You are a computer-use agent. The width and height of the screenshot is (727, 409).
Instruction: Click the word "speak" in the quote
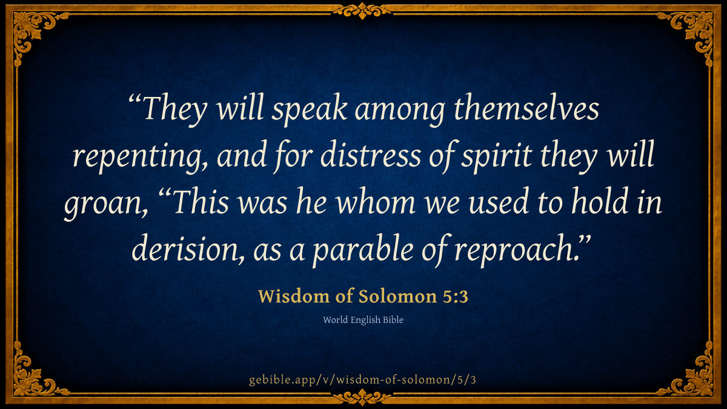(x=310, y=110)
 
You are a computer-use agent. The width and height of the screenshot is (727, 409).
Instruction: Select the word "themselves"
(x=526, y=107)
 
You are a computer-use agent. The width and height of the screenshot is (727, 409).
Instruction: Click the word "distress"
(x=371, y=154)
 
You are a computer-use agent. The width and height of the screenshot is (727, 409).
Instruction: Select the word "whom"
(x=376, y=201)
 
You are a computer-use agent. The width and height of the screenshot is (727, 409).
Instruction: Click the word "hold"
(x=599, y=201)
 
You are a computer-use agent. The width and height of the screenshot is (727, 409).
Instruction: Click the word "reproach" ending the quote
(x=517, y=250)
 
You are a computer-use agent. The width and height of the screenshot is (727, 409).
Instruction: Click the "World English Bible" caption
(x=363, y=320)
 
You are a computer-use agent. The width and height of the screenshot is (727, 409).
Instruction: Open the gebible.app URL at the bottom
(x=362, y=380)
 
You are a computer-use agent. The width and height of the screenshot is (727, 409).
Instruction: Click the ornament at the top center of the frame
(x=362, y=10)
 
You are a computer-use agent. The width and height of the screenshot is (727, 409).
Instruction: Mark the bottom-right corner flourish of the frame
(x=694, y=376)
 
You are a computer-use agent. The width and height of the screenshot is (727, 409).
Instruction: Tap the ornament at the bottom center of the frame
(x=362, y=397)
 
